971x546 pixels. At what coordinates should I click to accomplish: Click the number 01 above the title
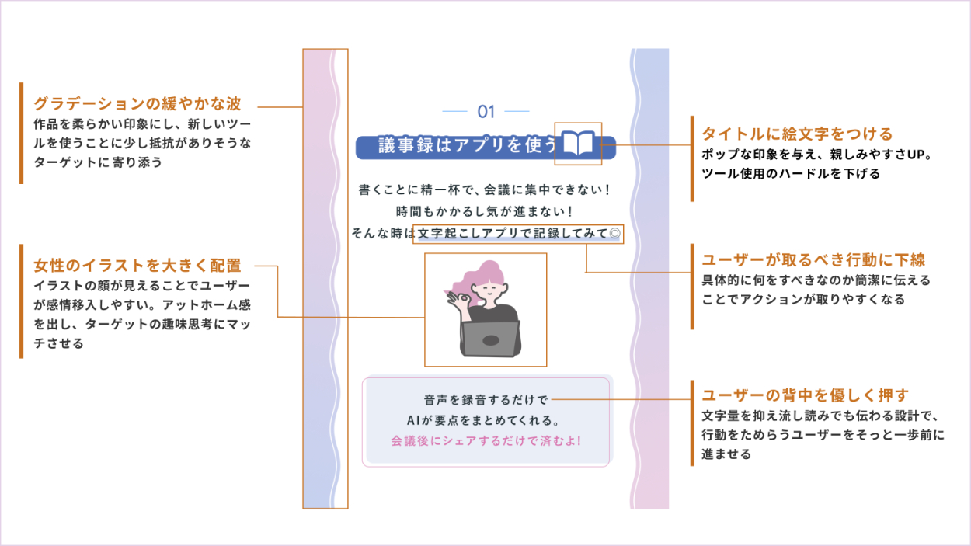coord(486,112)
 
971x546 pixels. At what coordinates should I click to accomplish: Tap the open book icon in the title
coord(578,144)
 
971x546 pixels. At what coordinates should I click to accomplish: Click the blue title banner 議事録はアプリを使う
coord(458,146)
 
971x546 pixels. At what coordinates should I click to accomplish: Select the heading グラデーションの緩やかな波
coord(137,104)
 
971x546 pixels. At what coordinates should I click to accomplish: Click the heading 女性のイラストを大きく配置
coord(137,266)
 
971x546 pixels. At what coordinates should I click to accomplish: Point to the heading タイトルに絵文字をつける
coord(797,134)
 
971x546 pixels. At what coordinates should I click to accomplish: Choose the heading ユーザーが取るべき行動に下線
coord(813,260)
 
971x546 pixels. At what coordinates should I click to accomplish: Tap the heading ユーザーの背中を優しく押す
coord(805,395)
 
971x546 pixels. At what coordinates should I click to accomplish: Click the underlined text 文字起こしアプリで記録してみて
coord(512,233)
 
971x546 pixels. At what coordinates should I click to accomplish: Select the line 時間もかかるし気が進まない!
coord(485,211)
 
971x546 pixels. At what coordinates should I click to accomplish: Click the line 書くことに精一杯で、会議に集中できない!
coord(485,190)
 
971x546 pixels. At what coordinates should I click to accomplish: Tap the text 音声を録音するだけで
coord(486,400)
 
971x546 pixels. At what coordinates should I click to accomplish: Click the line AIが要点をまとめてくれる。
coord(486,421)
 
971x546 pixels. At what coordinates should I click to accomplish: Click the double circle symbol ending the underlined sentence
coord(614,233)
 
